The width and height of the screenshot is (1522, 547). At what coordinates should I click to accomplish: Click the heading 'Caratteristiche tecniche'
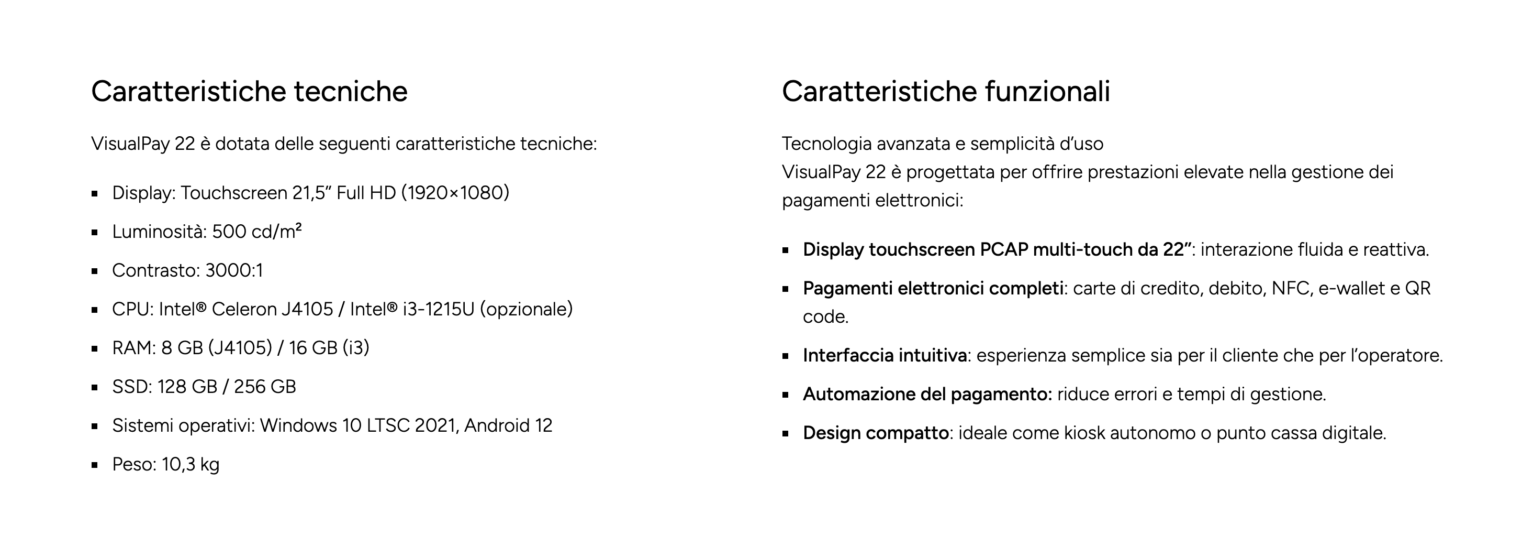click(x=249, y=92)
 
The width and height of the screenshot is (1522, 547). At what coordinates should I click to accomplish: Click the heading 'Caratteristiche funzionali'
click(x=946, y=92)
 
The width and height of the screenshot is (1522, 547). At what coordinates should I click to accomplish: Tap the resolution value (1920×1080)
click(x=455, y=193)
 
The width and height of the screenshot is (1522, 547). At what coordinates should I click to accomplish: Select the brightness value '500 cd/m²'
click(x=257, y=231)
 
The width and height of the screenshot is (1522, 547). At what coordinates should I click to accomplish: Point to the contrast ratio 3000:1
click(x=234, y=270)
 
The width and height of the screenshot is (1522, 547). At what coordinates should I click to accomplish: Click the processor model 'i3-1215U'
click(x=439, y=309)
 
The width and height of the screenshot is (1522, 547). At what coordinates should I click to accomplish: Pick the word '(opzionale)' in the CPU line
click(x=527, y=309)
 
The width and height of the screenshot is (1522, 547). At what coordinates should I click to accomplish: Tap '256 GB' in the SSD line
click(x=265, y=387)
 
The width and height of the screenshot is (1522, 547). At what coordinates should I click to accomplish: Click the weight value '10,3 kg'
click(x=191, y=465)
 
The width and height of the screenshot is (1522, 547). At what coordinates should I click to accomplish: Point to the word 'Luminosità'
click(x=158, y=231)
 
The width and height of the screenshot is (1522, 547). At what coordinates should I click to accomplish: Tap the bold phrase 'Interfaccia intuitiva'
click(x=885, y=355)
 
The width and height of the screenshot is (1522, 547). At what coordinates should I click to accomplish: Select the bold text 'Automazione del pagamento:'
click(x=927, y=395)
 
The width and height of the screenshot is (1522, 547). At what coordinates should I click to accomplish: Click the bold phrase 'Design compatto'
click(x=876, y=433)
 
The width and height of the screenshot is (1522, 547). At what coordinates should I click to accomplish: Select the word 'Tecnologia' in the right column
click(x=826, y=144)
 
